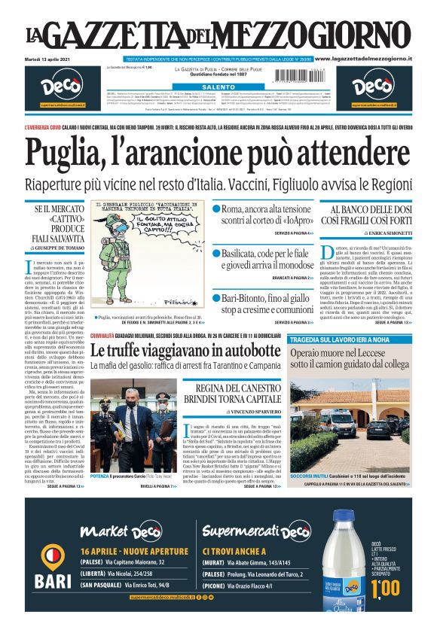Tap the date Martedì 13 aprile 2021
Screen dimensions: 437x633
pos(53,59)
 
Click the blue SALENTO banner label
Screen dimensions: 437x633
pos(218,87)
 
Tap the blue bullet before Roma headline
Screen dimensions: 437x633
pos(216,208)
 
